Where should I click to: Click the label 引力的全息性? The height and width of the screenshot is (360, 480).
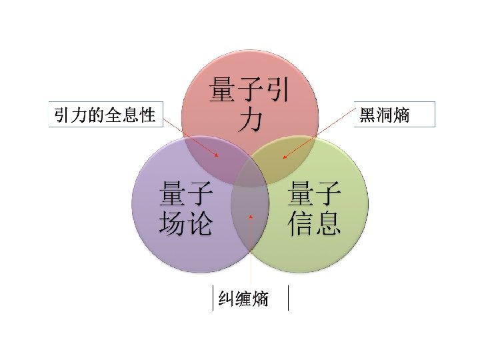pos(105,115)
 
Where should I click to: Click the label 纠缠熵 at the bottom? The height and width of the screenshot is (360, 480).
pos(244,299)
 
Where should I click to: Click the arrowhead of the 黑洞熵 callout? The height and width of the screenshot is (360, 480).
pos(283,158)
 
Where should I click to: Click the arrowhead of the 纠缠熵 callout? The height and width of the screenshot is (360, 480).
pos(250,215)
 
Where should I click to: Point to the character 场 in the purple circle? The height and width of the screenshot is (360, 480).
pos(172,223)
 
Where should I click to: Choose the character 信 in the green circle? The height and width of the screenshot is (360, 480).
pos(301,223)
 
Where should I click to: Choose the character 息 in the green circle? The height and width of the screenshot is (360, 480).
pos(329,223)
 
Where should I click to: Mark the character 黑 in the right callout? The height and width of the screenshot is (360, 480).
pos(367,115)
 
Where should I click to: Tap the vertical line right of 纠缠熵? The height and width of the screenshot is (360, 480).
pos(288,298)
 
